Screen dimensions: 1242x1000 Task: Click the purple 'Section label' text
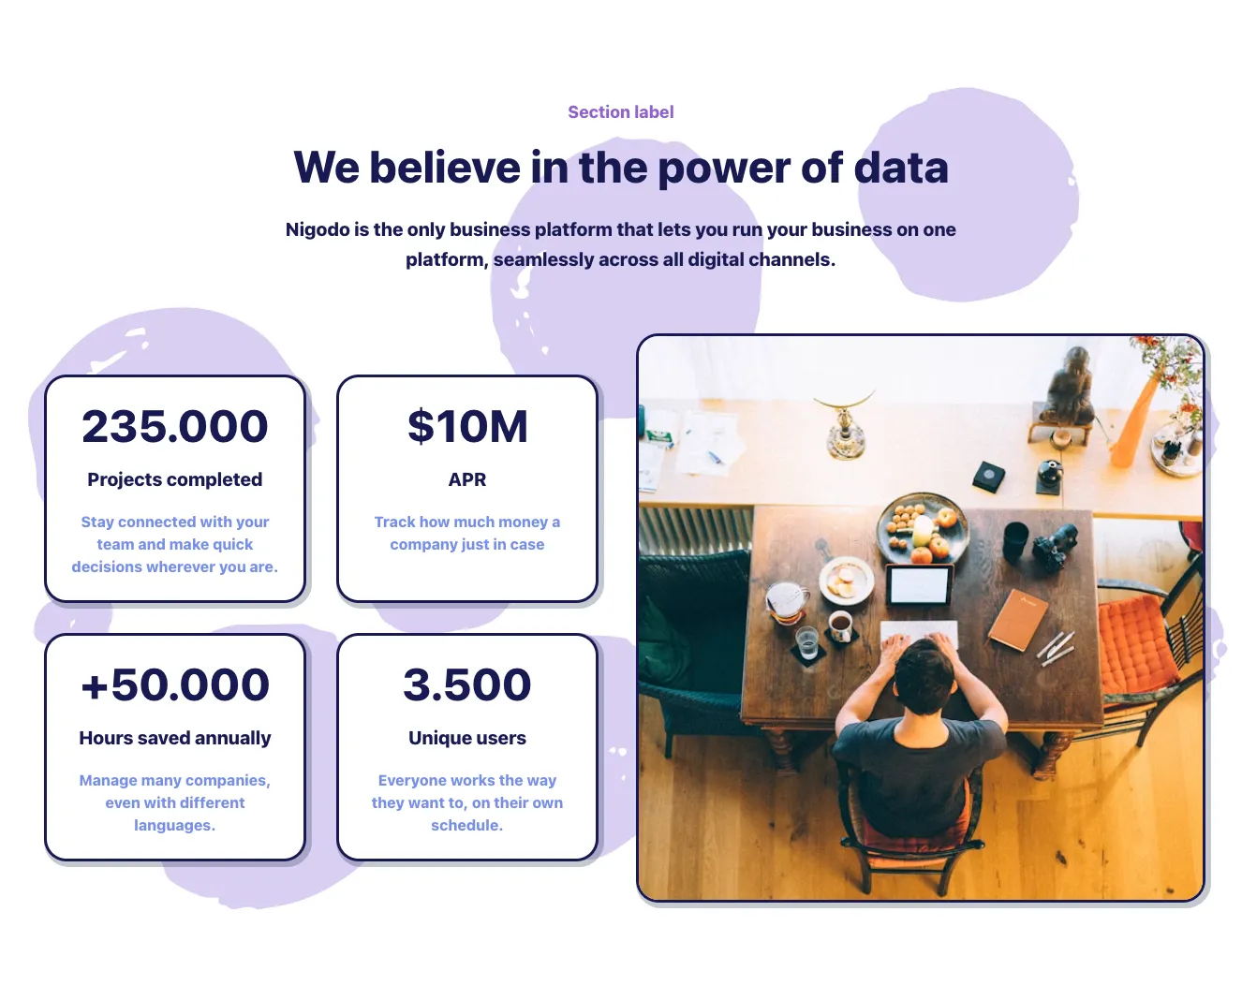620,112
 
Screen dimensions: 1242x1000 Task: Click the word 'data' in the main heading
901,168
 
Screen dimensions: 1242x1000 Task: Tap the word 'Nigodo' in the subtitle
318,230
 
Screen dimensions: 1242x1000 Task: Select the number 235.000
175,426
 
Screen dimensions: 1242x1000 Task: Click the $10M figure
467,426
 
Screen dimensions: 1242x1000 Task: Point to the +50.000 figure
175,685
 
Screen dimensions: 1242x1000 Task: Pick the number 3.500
466,685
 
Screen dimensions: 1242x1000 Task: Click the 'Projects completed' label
175,479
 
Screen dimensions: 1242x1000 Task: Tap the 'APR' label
467,479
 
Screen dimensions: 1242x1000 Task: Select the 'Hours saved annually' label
175,738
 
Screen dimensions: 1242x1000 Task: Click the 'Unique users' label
467,738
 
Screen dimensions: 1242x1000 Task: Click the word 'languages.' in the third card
175,826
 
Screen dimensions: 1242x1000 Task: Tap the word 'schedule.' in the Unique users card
467,826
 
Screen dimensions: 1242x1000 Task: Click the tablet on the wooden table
919,584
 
